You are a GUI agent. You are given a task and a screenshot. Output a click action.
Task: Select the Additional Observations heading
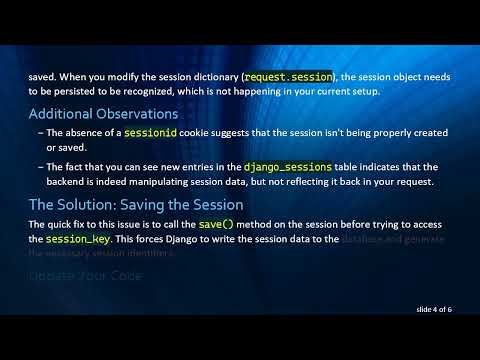click(103, 113)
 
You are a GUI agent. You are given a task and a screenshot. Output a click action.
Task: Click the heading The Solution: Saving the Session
click(136, 205)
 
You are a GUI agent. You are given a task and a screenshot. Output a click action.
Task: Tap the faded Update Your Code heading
click(86, 275)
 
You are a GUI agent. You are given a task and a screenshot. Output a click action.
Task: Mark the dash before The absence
click(39, 133)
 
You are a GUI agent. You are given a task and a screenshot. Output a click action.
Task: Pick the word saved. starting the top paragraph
click(43, 75)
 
